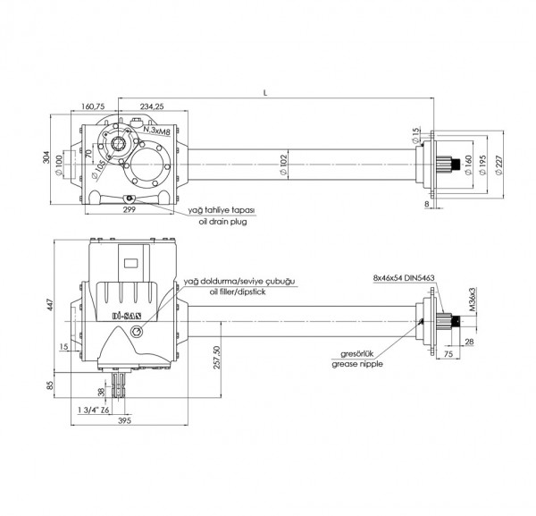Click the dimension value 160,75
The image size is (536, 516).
[x=94, y=106]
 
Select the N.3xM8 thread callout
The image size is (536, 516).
[x=157, y=130]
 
